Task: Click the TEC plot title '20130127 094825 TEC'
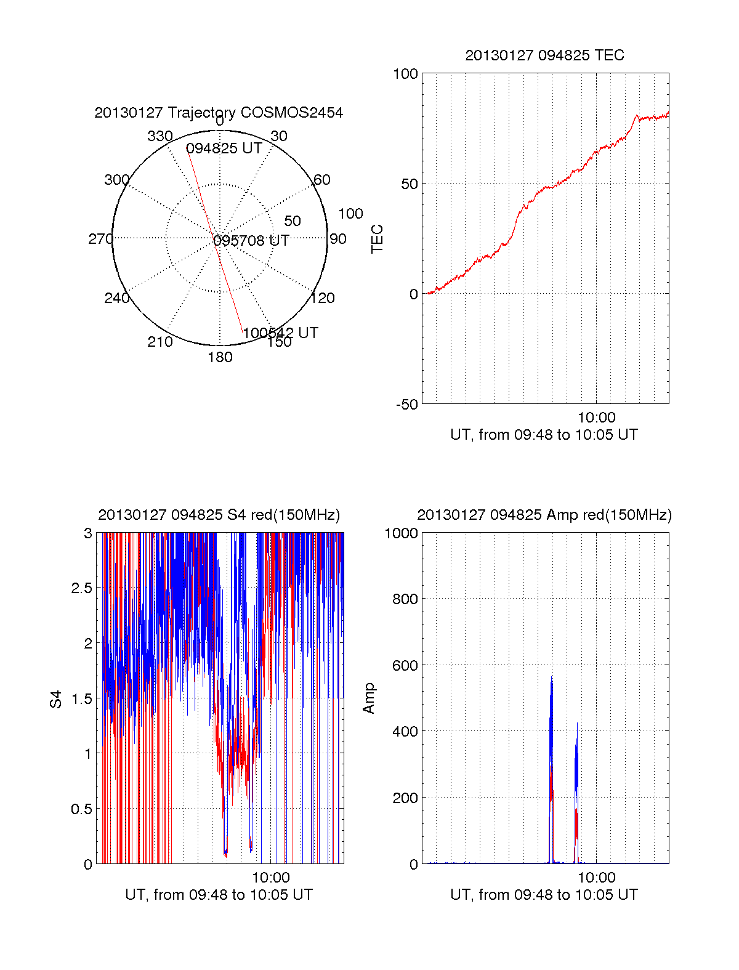coord(544,55)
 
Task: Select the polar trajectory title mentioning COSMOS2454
coord(219,113)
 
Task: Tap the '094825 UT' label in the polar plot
coord(224,148)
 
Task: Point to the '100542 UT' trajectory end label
coord(280,333)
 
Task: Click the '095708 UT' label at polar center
coord(251,240)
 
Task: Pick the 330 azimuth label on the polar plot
coord(160,136)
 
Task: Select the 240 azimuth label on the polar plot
coord(116,299)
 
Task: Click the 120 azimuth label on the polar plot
coord(323,299)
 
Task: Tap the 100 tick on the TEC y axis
coord(405,75)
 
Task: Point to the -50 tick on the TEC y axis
coord(406,405)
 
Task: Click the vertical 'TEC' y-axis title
coord(378,239)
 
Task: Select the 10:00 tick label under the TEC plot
coord(596,418)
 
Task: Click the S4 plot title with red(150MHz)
coord(219,515)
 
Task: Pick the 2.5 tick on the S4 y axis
coord(81,588)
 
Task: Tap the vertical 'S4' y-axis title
coord(56,700)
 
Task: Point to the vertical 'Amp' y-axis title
coord(369,698)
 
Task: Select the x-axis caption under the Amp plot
coord(544,895)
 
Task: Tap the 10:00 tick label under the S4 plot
coord(270,878)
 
